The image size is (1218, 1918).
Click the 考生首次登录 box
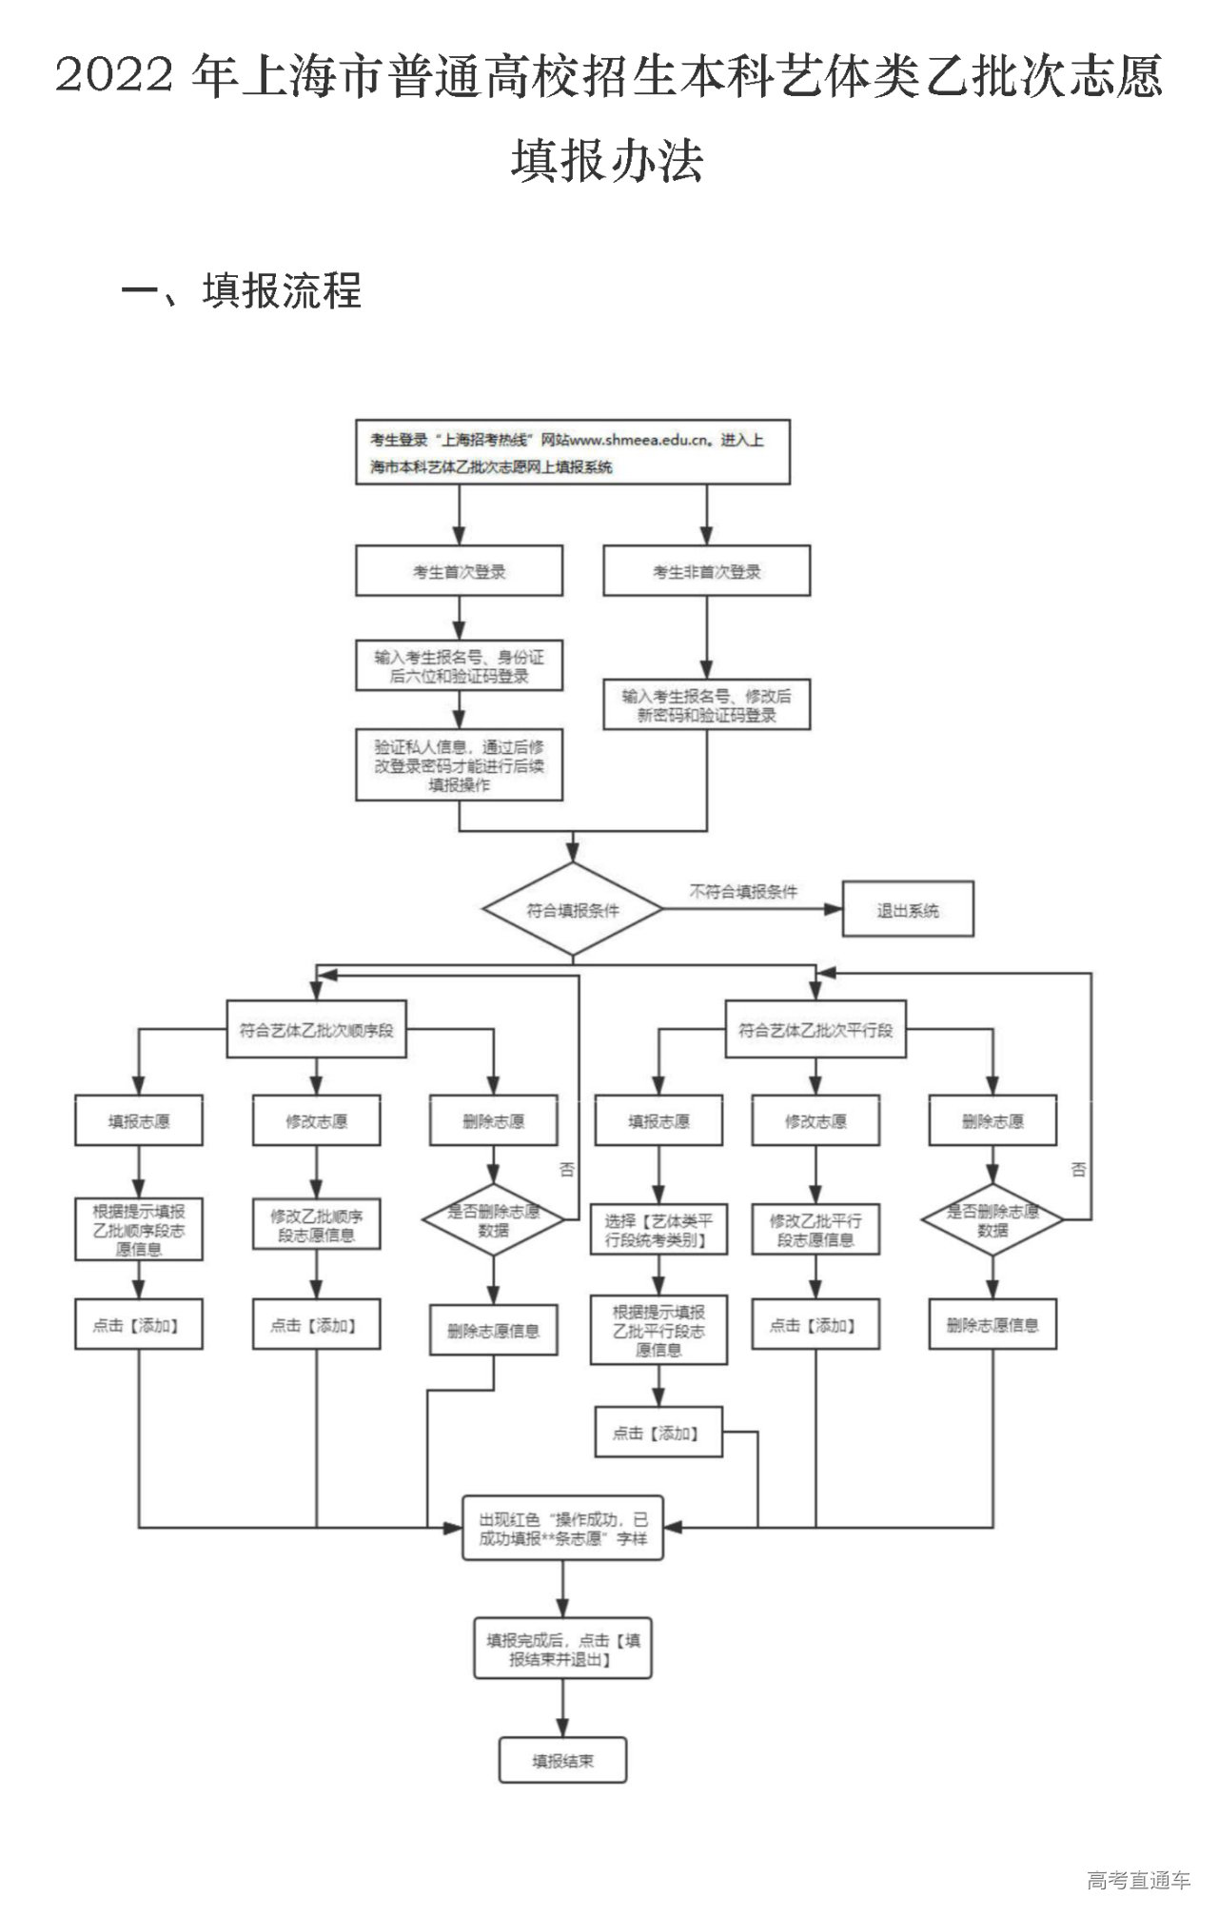tap(459, 571)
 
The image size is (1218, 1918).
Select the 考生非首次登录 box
tap(706, 571)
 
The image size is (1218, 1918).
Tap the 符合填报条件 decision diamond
tap(572, 910)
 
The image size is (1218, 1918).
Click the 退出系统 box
tap(908, 910)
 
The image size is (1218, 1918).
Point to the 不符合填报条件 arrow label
tap(743, 892)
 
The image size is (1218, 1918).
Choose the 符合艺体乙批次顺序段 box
tap(316, 1029)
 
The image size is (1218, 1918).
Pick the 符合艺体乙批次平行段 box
tap(815, 1029)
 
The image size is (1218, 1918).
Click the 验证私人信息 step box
tap(459, 766)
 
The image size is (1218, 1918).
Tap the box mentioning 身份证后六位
tap(459, 666)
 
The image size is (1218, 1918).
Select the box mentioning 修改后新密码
tap(706, 705)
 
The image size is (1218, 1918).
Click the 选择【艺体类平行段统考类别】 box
tap(658, 1230)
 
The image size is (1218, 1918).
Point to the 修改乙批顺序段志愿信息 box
tap(316, 1225)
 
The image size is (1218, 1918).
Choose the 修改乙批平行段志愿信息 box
tap(815, 1230)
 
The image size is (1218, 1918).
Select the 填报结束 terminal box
tap(562, 1761)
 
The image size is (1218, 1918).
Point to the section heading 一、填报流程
tap(243, 290)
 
